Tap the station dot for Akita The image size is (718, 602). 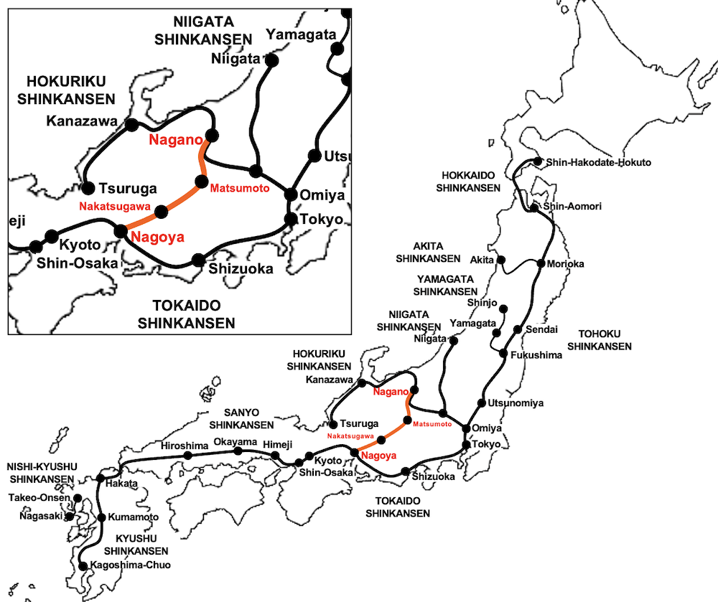point(501,260)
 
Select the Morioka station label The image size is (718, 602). point(565,264)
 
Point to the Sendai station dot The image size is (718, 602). point(518,329)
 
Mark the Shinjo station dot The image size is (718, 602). point(503,309)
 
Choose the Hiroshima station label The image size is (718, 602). point(184,446)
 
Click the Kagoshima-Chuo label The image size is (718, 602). point(131,566)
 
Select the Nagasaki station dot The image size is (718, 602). point(70,516)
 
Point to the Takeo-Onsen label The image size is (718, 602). point(40,498)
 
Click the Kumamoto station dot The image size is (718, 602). point(101,517)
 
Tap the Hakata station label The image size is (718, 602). point(121,484)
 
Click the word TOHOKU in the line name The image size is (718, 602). point(599,334)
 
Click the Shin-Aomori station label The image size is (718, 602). point(572,207)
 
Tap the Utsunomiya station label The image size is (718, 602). point(515,403)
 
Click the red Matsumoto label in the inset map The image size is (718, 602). point(239,188)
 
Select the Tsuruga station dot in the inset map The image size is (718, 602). point(88,189)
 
